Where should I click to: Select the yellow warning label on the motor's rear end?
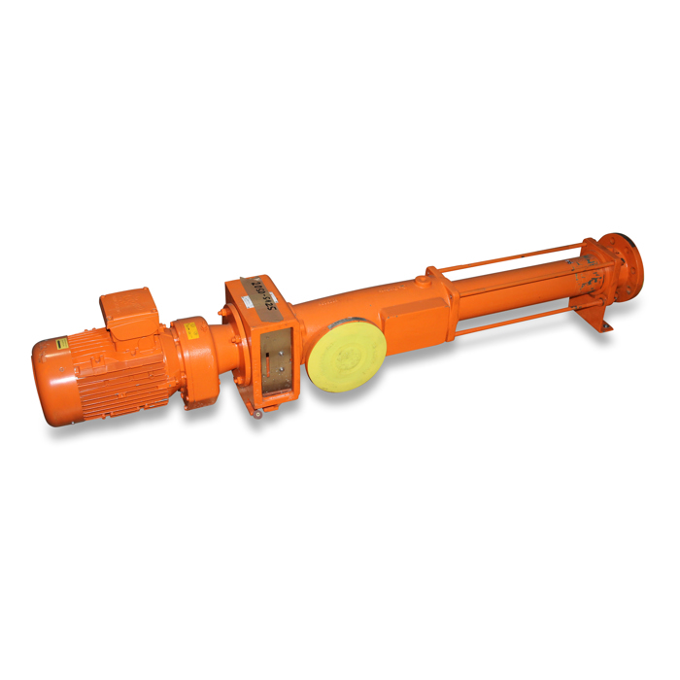(61, 343)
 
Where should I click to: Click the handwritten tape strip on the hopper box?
(260, 292)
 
